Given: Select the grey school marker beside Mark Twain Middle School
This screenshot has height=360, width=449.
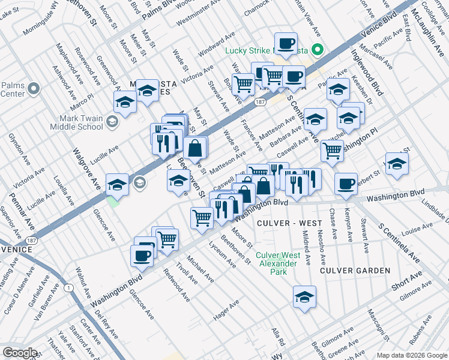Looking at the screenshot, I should [x=112, y=123].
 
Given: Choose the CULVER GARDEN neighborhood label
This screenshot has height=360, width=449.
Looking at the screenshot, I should [x=355, y=271].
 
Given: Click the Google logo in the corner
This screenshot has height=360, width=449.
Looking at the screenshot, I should [x=19, y=353].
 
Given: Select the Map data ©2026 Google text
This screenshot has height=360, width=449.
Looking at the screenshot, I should [x=412, y=355].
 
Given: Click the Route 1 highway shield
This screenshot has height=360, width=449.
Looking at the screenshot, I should [x=70, y=288].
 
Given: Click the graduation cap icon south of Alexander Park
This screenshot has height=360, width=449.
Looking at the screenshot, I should [x=304, y=297].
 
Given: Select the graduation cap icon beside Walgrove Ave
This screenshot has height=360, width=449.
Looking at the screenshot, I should [x=117, y=185].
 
